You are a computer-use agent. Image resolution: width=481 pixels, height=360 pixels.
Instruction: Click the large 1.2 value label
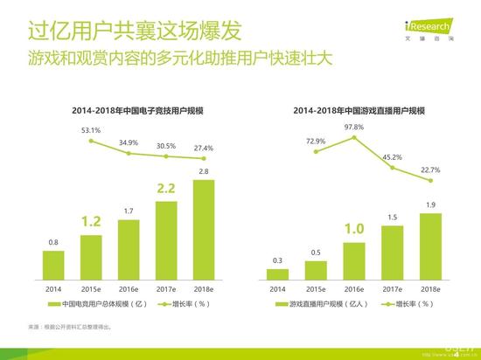[91, 221]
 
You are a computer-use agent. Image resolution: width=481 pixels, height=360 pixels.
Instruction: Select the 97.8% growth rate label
[354, 127]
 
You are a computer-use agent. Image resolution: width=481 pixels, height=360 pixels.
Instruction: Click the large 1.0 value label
[354, 230]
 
